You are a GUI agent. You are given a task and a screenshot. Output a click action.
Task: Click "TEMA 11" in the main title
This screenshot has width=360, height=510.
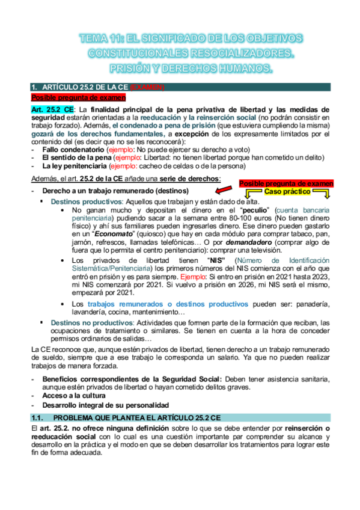(x=99, y=39)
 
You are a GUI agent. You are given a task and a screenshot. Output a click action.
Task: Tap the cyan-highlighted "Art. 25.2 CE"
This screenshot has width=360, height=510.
(x=53, y=109)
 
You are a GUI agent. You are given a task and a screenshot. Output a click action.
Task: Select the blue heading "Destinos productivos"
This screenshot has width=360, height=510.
(x=89, y=201)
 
